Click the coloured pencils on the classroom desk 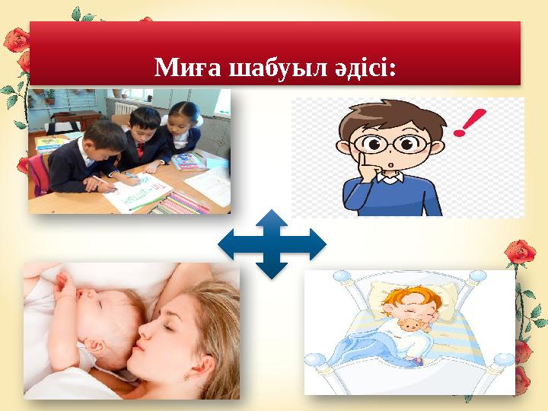[183, 202]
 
